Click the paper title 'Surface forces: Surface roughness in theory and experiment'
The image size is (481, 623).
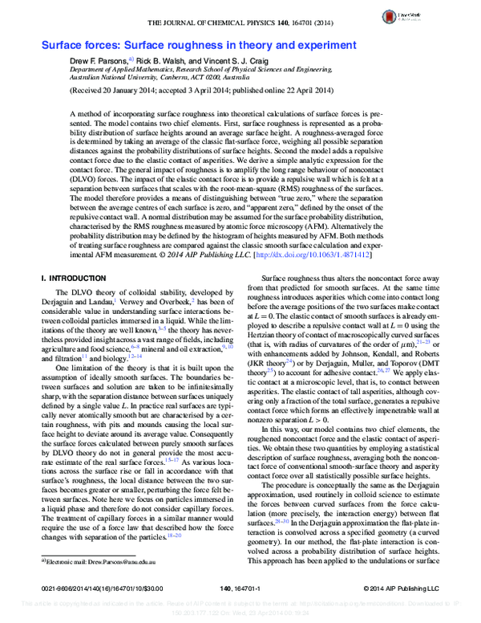click(x=199, y=46)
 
